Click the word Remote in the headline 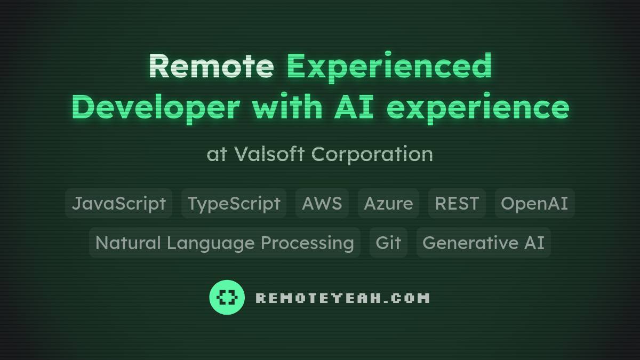click(211, 66)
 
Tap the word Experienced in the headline click(389, 66)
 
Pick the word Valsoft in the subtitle click(269, 154)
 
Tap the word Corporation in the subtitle click(372, 154)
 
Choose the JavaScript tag click(118, 203)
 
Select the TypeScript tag click(234, 203)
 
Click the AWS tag click(322, 203)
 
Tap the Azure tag click(388, 203)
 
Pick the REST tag click(457, 203)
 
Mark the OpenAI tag click(534, 203)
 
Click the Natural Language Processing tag click(225, 243)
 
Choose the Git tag click(388, 243)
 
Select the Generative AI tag click(483, 243)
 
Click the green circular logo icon click(227, 297)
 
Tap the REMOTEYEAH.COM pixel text click(342, 298)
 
